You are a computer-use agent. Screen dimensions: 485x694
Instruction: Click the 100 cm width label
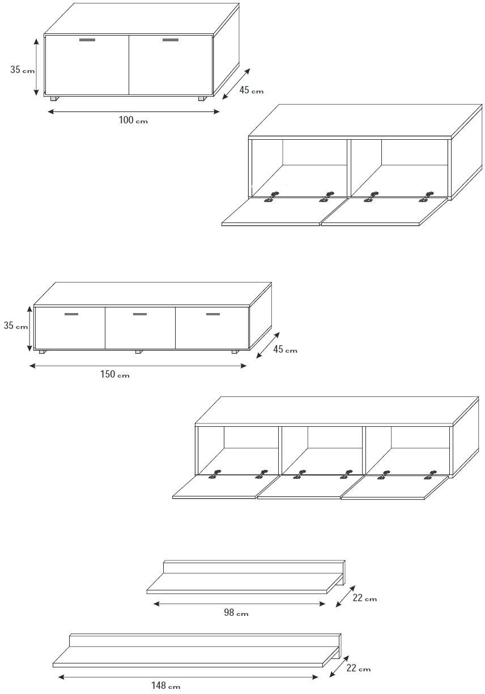tap(133, 120)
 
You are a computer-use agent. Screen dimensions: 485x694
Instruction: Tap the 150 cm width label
tap(115, 374)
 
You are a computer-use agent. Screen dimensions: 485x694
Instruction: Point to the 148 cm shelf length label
tap(165, 686)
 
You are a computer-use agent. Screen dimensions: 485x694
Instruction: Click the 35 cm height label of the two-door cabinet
tap(23, 70)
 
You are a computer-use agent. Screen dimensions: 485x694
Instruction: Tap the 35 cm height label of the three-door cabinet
tap(16, 325)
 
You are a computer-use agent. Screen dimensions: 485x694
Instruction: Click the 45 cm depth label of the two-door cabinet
tap(251, 90)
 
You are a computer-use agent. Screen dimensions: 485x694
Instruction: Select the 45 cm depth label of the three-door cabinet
tap(285, 349)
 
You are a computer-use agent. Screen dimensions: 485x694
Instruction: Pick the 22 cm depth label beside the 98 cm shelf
tap(365, 598)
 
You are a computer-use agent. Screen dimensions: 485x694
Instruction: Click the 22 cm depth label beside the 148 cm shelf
tap(359, 668)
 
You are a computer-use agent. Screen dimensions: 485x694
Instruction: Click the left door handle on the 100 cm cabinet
tap(87, 40)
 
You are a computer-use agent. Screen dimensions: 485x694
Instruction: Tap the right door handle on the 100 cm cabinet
tap(171, 40)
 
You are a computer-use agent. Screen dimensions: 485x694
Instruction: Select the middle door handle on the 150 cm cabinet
tap(140, 314)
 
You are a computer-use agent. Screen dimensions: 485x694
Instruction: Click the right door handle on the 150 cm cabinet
tap(213, 314)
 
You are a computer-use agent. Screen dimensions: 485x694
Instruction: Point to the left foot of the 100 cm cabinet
tap(54, 98)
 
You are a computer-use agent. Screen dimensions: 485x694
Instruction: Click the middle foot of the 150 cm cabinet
tap(139, 352)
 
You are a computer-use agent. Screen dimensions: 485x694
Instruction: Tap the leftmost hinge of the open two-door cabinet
tap(270, 198)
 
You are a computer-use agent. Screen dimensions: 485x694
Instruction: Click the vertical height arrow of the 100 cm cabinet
tap(37, 67)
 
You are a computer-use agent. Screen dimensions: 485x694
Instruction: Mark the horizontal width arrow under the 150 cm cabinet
tap(138, 366)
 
